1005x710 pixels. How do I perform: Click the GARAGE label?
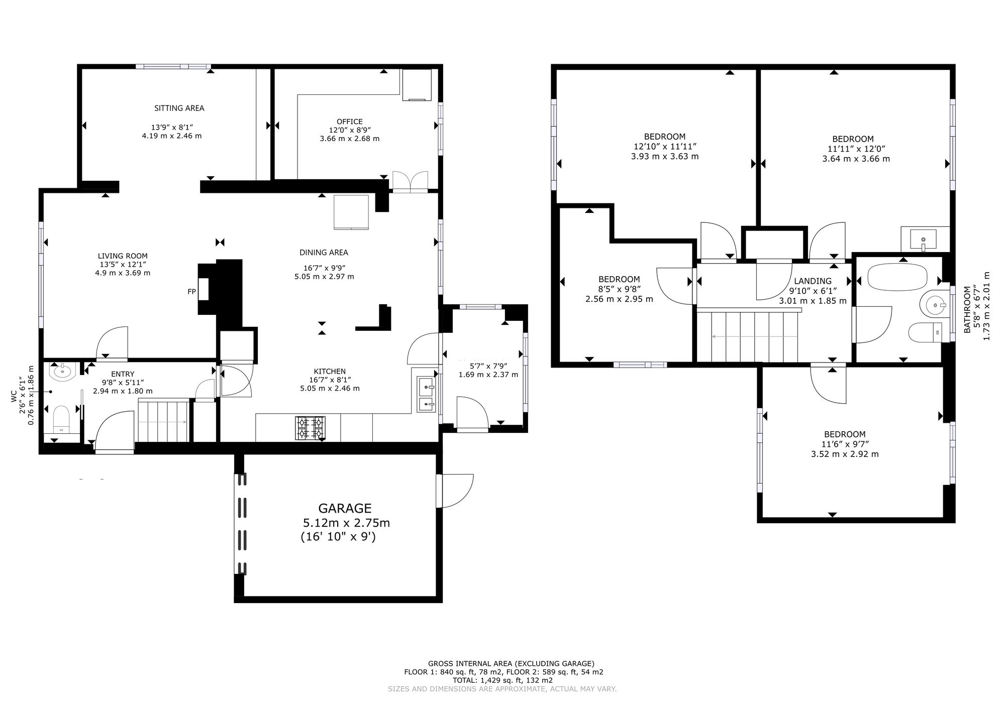coord(345,508)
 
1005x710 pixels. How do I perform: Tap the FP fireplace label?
coord(191,291)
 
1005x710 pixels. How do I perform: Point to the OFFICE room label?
coord(350,122)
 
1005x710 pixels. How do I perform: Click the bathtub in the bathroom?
coord(897,277)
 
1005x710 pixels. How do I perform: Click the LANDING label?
coord(813,281)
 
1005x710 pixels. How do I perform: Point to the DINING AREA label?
coord(324,253)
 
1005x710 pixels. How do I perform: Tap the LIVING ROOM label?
coord(123,256)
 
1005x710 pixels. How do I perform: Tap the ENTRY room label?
coord(123,374)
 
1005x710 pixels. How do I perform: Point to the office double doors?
coord(410,182)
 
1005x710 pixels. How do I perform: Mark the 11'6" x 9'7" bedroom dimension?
coord(845,444)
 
